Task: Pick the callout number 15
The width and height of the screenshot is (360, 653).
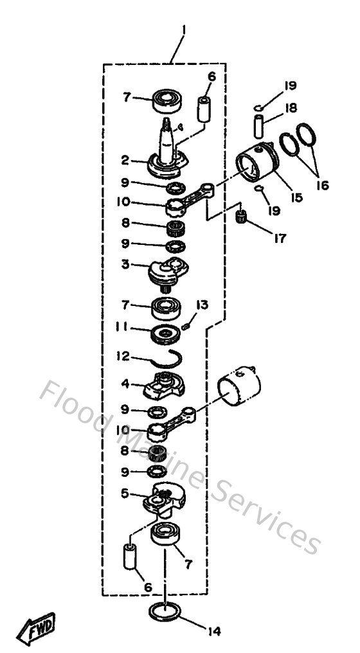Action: (x=296, y=199)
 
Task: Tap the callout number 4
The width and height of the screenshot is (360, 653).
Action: (x=127, y=384)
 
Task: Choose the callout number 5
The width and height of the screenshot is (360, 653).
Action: (x=127, y=494)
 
